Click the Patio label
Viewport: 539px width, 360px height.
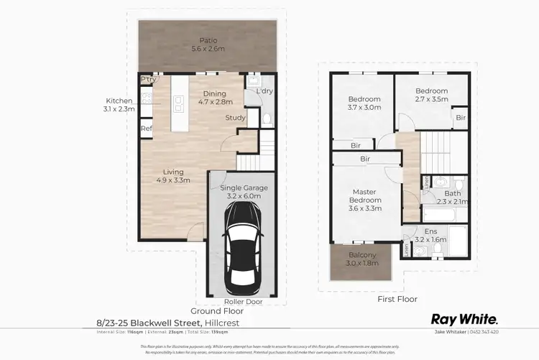pos(209,41)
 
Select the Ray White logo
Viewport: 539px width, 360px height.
pos(464,318)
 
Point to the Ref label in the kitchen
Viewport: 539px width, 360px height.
pos(146,129)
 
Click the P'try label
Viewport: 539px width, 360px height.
pos(149,79)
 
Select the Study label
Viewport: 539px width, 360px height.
pos(235,118)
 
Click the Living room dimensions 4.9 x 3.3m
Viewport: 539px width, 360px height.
pos(174,181)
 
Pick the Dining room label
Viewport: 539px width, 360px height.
pos(214,93)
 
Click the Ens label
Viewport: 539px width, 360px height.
pos(430,231)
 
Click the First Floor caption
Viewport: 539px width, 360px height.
pos(397,298)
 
